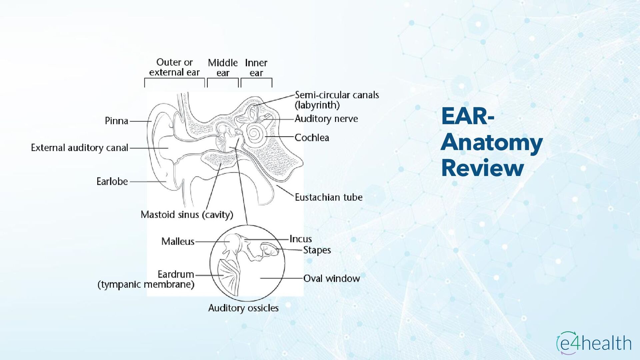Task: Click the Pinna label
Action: [x=116, y=121]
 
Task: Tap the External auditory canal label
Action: [x=79, y=148]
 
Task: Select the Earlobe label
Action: [x=112, y=181]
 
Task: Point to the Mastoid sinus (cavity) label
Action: [x=187, y=215]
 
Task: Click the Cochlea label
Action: [x=312, y=138]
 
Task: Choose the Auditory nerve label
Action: [x=326, y=119]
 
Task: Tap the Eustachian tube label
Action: [x=328, y=197]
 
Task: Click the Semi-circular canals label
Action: [x=337, y=95]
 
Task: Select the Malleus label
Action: [x=178, y=241]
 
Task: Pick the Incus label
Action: [x=300, y=239]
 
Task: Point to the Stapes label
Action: [x=317, y=250]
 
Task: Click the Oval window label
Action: [x=331, y=278]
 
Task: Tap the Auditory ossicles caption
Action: [x=243, y=308]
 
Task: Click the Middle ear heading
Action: [x=223, y=68]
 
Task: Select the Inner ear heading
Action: [x=256, y=68]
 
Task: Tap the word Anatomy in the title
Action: [x=492, y=142]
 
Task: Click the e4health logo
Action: [x=594, y=343]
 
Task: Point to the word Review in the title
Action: [x=482, y=168]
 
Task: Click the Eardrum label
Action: [x=176, y=274]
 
